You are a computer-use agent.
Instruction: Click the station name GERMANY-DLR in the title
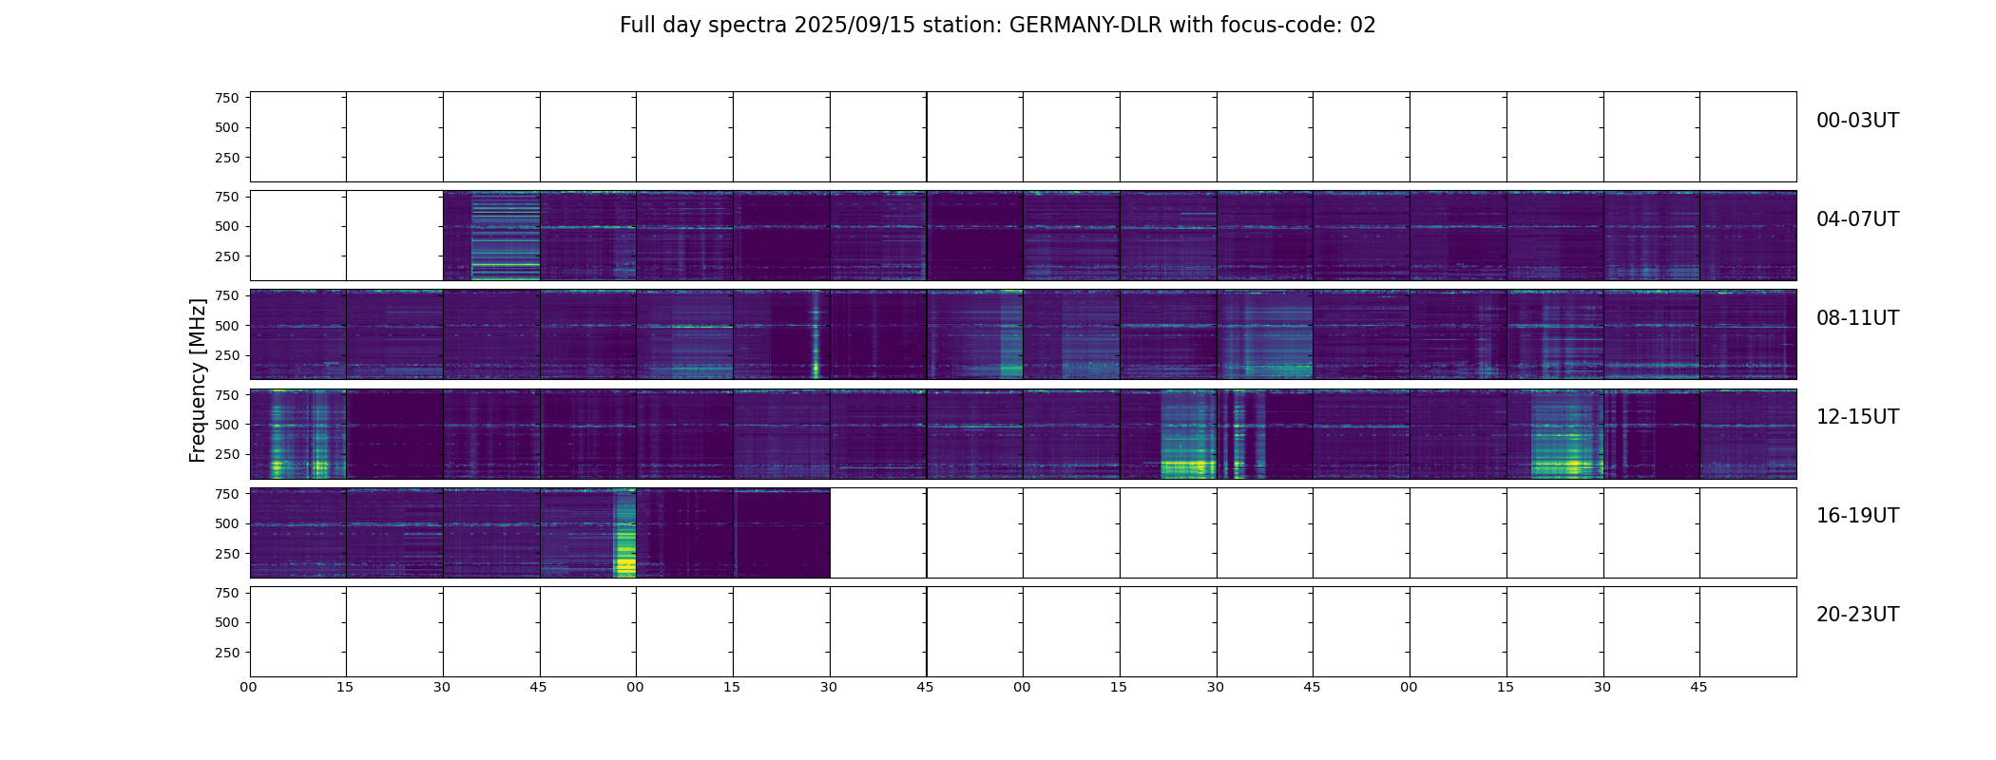coord(1085,26)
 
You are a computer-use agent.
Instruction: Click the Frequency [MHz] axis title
coord(198,380)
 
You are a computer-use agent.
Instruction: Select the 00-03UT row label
coord(1857,121)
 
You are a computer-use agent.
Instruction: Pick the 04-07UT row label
coord(1857,219)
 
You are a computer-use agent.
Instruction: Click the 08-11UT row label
coord(1857,318)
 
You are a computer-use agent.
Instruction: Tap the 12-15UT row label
coord(1857,417)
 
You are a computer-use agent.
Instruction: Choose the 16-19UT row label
coord(1857,516)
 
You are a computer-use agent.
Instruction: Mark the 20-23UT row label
coord(1857,615)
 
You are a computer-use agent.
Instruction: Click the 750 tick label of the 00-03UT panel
coord(227,98)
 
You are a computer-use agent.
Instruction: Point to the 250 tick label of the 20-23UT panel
coord(227,653)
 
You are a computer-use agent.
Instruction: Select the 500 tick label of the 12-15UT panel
coord(227,425)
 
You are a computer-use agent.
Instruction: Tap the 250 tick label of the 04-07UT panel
coord(227,256)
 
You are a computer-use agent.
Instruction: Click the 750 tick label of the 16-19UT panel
coord(227,494)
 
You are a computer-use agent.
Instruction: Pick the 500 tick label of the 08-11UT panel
coord(227,326)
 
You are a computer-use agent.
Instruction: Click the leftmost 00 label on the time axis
coord(249,687)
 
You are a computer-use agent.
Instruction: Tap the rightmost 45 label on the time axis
coord(1699,687)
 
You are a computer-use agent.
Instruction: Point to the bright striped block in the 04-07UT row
coord(506,236)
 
